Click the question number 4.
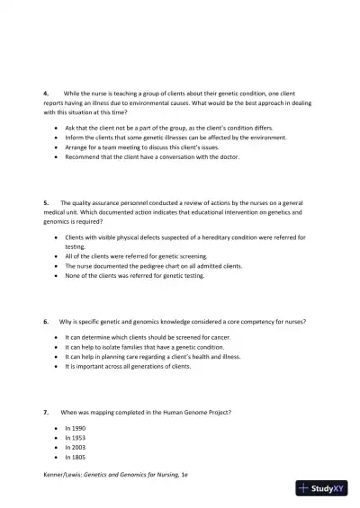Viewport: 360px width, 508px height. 46,93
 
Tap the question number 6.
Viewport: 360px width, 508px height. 46,321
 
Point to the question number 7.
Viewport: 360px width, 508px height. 46,412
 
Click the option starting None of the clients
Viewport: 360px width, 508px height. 135,276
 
